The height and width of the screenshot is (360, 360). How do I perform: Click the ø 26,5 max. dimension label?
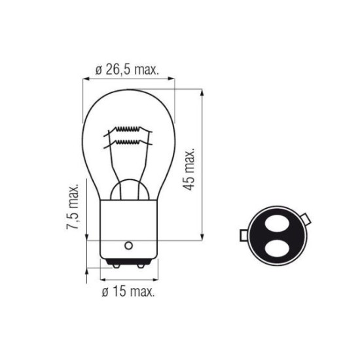tap(127, 69)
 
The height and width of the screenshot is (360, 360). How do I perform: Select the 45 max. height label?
tap(189, 170)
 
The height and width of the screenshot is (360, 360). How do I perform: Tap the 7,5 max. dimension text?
tap(73, 206)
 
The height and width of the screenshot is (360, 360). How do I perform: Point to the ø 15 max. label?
tap(128, 292)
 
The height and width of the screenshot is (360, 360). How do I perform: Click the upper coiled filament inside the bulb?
tap(128, 129)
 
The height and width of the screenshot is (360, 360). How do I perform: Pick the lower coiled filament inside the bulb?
tap(128, 142)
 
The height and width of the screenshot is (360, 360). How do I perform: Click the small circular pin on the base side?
tap(128, 245)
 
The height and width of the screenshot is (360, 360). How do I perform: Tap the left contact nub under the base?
tap(117, 266)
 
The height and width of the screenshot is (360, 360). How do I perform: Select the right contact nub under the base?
tap(141, 266)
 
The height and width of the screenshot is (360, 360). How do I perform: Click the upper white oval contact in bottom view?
tap(276, 223)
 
